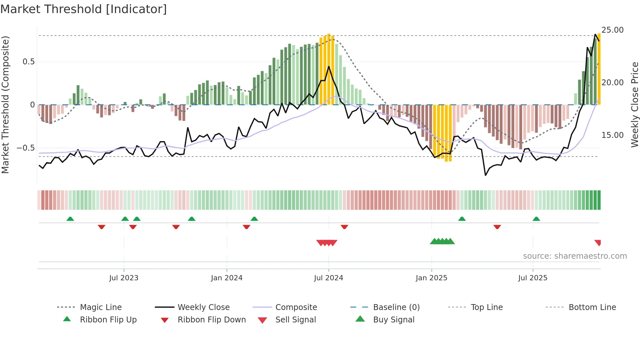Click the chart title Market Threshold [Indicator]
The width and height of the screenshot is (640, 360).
(84, 9)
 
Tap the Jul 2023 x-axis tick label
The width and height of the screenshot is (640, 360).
(124, 278)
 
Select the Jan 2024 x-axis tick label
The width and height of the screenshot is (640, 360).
(227, 278)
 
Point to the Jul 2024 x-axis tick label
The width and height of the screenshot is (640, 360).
(328, 278)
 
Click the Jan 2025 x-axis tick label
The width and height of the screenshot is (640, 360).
(431, 278)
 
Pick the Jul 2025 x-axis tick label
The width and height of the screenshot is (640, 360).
(533, 278)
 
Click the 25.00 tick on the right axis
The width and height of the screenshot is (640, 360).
(612, 30)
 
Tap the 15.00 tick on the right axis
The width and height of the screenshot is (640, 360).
(612, 135)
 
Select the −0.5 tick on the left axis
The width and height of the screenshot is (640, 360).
(26, 148)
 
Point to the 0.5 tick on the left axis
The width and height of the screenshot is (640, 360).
(29, 62)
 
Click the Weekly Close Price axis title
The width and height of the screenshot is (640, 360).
(634, 105)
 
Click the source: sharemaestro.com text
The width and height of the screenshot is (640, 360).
(575, 256)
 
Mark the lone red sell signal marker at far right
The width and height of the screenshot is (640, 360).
(598, 243)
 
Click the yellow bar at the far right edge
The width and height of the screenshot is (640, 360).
(599, 69)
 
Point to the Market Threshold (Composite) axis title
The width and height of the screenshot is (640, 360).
(5, 105)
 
